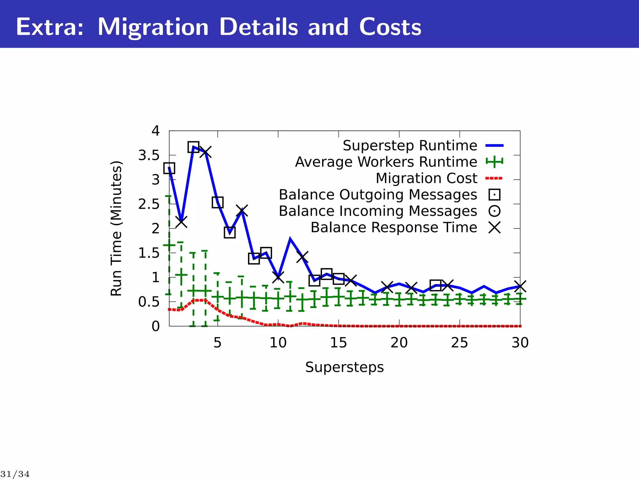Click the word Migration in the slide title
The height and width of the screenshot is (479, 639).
153,27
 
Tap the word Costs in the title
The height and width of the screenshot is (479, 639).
390,27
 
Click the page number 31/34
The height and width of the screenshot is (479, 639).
15,474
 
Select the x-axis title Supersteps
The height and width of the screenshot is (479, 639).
344,367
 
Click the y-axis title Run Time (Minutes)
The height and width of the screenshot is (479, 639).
116,229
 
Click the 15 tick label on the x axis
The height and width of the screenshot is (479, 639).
339,343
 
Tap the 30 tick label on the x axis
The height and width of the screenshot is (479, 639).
520,343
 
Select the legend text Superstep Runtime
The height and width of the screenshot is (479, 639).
410,146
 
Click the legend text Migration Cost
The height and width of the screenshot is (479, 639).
426,178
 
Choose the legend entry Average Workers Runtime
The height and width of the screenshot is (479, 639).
386,162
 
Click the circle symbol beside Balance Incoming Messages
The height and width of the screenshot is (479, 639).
495,211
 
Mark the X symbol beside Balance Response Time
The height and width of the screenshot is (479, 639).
495,228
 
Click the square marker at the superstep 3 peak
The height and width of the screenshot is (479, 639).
193,147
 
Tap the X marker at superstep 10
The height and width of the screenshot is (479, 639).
278,277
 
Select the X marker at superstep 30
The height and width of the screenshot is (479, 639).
520,286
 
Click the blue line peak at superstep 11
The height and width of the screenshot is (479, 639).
290,239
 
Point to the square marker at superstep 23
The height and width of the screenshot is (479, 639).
435,285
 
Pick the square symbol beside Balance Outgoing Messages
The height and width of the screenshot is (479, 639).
495,195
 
